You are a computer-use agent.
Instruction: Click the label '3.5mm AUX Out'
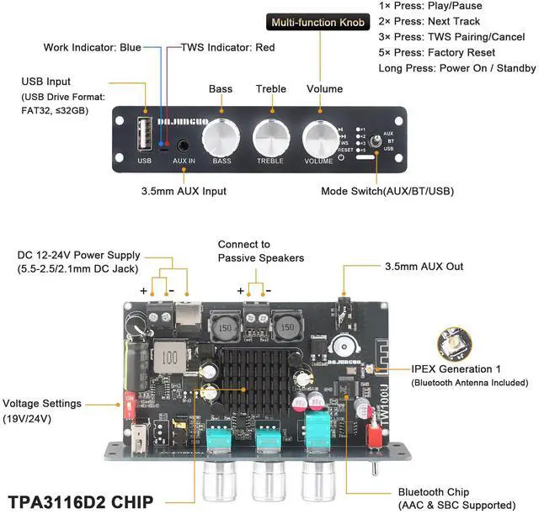(423, 268)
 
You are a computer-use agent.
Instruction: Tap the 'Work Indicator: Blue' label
(93, 47)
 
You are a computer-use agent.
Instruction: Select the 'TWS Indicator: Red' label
(227, 47)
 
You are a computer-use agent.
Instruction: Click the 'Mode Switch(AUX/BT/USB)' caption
(387, 191)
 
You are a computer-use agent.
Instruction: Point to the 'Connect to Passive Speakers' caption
(260, 250)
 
